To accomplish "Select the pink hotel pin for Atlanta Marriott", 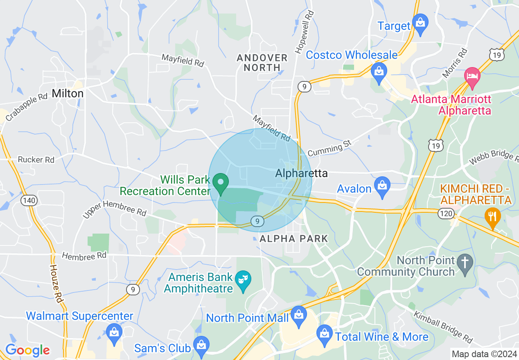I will coord(472,77).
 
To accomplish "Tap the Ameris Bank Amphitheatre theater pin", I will coord(244,280).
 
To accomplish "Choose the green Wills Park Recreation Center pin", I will coord(221,183).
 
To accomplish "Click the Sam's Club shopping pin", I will coord(201,345).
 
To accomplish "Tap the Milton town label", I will coord(68,93).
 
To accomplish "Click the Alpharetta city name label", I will coord(302,173).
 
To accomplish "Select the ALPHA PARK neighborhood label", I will coord(294,239).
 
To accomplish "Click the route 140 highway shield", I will coord(29,200).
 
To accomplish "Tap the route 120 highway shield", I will coord(445,213).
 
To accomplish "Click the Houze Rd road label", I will coord(57,283).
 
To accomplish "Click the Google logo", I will coord(27,350).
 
